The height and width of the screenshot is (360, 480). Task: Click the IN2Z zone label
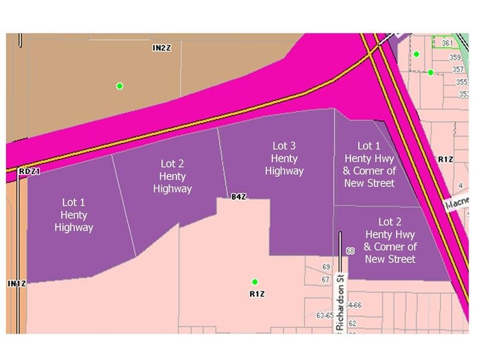pyautogui.click(x=162, y=47)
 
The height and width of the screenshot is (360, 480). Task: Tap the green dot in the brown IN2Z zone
pyautogui.click(x=119, y=86)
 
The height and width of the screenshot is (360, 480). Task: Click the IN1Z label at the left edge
pyautogui.click(x=15, y=283)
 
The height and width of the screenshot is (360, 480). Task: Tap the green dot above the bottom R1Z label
pyautogui.click(x=254, y=281)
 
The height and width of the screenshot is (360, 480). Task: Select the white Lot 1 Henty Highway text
pyautogui.click(x=74, y=214)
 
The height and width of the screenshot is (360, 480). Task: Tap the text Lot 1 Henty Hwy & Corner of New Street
pyautogui.click(x=370, y=164)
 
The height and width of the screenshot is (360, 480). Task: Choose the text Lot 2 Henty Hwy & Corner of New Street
pyautogui.click(x=391, y=240)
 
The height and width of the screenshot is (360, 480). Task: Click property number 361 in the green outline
pyautogui.click(x=446, y=44)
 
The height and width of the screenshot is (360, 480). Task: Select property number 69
pyautogui.click(x=326, y=266)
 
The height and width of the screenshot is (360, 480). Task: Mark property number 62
pyautogui.click(x=353, y=323)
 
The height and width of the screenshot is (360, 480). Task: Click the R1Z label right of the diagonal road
pyautogui.click(x=445, y=159)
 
